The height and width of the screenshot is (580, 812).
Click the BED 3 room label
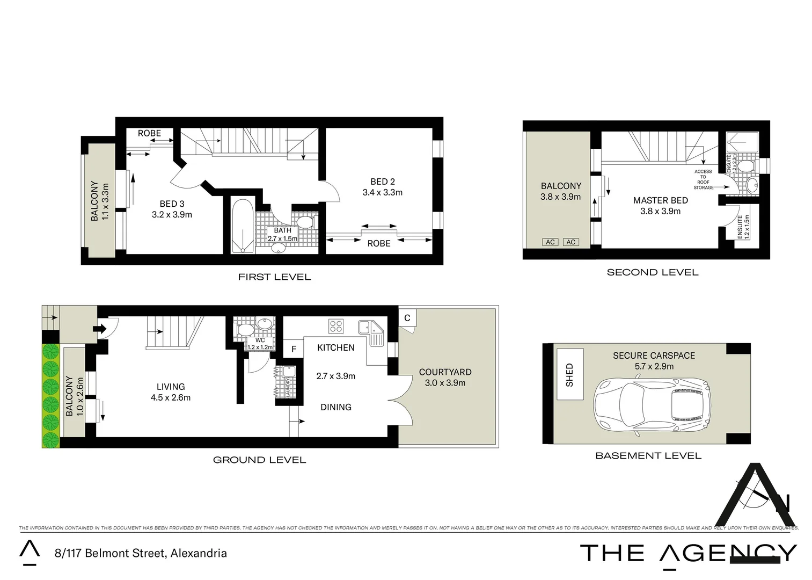tap(172, 204)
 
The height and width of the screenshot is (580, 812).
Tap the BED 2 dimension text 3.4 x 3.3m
tap(382, 192)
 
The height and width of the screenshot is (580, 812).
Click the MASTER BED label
tap(660, 200)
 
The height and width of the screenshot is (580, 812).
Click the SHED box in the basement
tap(570, 374)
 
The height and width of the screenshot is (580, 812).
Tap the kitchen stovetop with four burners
tap(336, 326)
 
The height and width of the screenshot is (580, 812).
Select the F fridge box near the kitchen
tap(294, 349)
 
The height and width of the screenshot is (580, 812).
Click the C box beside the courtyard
tap(407, 318)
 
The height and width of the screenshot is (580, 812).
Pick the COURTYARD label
tap(445, 372)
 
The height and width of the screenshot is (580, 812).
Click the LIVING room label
tap(171, 387)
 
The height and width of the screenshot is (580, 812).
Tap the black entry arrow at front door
tap(99, 328)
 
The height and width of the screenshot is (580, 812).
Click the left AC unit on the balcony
tap(550, 242)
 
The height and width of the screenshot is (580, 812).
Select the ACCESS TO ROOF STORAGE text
tap(703, 179)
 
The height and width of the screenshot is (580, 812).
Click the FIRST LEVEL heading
tap(274, 277)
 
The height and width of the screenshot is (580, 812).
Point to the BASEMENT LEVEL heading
tap(648, 456)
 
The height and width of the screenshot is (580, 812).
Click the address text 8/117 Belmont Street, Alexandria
tap(141, 553)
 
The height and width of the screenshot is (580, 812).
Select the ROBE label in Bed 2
tap(378, 243)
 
